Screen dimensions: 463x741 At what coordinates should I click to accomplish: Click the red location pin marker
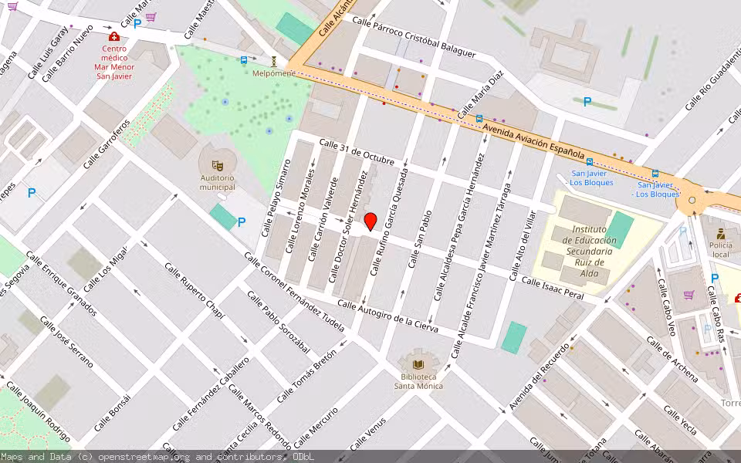coord(370,221)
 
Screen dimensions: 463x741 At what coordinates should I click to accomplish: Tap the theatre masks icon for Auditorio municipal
coord(217,165)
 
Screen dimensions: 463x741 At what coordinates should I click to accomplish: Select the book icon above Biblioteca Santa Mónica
coord(418,364)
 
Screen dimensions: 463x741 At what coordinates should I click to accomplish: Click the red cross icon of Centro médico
coord(114,36)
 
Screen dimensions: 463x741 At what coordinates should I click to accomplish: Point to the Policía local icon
coord(720,233)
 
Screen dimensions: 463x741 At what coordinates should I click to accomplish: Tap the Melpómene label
coord(274,73)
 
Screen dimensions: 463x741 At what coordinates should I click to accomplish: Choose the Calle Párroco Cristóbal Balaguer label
coord(414,37)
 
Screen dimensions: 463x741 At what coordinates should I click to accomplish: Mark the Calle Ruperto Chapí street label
coord(194,289)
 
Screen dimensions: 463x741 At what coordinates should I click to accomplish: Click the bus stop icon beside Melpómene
coord(244,59)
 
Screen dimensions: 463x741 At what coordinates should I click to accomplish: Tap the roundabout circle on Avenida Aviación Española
coord(692,201)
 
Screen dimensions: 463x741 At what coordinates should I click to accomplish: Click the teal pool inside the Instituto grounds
coord(619,229)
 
